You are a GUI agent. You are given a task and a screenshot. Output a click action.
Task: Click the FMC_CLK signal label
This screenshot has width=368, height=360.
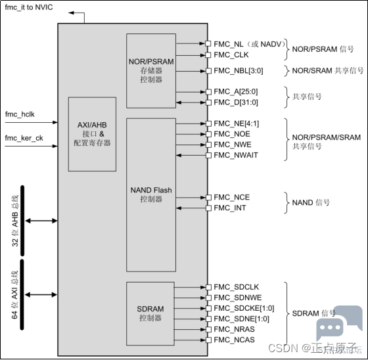(231, 55)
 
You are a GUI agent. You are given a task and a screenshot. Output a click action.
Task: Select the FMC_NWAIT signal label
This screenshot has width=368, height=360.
(236, 155)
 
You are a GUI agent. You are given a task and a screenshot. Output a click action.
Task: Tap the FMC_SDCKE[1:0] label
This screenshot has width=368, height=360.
(244, 308)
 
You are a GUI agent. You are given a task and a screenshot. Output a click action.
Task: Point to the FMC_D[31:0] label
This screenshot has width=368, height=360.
(236, 102)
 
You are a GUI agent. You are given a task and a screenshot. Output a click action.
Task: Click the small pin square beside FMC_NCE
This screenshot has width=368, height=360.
(208, 197)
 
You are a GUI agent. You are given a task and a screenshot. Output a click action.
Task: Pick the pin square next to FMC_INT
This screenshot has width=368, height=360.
(208, 208)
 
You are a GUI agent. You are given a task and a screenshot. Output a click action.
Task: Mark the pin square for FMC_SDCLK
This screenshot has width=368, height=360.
(208, 287)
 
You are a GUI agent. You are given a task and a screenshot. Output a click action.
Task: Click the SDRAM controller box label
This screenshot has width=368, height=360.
(150, 313)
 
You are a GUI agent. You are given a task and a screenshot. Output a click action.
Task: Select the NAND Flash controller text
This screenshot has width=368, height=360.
(151, 194)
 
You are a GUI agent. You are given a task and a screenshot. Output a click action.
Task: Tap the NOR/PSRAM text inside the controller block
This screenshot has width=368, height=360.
(151, 62)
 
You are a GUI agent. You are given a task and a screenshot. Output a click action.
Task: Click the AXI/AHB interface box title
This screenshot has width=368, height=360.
(92, 125)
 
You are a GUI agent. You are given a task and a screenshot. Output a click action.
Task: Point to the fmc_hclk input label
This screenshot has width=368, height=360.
(20, 114)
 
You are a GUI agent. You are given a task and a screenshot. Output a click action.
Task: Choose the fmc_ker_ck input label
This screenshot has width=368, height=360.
(24, 138)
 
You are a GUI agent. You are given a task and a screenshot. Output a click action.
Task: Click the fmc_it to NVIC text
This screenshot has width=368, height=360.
(29, 7)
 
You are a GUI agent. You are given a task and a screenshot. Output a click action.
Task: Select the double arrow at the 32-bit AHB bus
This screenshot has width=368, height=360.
(41, 221)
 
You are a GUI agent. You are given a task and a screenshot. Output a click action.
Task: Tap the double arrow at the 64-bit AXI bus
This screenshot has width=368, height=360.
(41, 295)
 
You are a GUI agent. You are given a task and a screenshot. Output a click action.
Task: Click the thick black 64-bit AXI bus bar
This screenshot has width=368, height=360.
(22, 295)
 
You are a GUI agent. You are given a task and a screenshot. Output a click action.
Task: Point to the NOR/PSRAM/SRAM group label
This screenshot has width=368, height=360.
(326, 142)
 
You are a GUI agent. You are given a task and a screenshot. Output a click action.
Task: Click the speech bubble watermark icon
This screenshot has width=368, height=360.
(339, 323)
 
